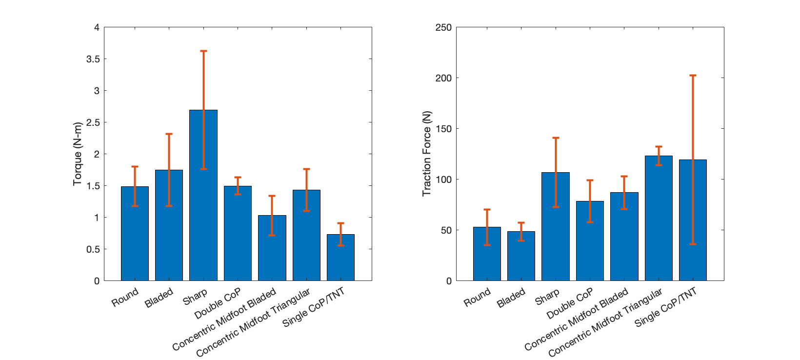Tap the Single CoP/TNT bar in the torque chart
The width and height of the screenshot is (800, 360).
click(340, 263)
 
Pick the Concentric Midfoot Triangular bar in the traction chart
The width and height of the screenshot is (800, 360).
click(659, 220)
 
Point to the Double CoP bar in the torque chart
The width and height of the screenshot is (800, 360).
click(238, 234)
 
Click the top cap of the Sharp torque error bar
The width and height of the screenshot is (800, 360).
click(203, 51)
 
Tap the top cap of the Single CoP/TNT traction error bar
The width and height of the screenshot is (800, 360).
click(693, 76)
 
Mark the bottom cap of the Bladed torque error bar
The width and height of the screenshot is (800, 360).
click(169, 206)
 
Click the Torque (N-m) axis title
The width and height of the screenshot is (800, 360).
click(77, 154)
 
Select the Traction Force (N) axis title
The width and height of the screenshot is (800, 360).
click(427, 154)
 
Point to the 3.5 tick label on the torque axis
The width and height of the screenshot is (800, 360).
click(93, 59)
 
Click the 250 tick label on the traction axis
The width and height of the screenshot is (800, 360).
click(443, 27)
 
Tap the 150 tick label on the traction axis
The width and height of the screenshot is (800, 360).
click(443, 129)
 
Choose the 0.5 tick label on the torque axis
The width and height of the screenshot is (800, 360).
click(93, 249)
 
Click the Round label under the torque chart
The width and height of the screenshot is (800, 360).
click(125, 298)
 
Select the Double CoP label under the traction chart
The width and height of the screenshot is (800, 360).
click(569, 303)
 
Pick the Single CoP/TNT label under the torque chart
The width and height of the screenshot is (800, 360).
click(313, 307)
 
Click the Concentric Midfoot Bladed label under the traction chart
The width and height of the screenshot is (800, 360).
click(576, 320)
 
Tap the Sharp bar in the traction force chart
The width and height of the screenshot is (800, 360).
click(555, 229)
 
